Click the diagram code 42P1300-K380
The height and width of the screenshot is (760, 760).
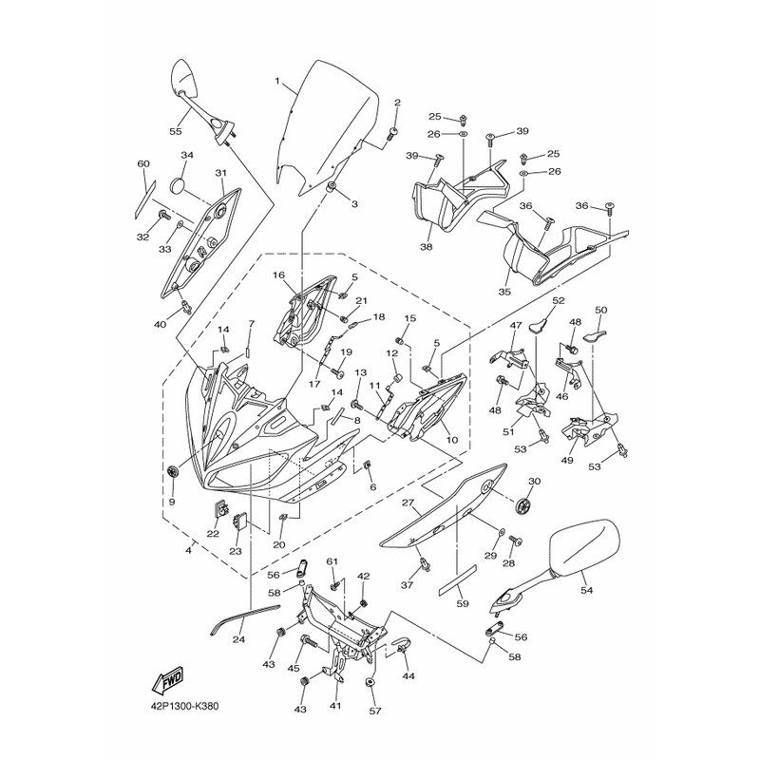tap(184, 707)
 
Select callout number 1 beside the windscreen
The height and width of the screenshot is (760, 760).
tap(277, 81)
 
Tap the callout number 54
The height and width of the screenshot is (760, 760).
tap(586, 590)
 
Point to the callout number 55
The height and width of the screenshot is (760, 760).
tap(176, 131)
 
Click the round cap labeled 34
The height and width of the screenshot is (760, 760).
tap(178, 186)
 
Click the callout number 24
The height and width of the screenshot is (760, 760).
tap(238, 639)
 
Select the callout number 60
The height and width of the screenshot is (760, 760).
tap(143, 163)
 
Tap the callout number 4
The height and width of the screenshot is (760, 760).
tap(188, 551)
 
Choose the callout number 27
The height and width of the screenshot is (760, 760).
tap(408, 503)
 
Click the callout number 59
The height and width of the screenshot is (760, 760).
tap(463, 603)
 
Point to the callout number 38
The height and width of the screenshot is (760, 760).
tap(427, 247)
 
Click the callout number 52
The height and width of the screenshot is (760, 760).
tap(559, 300)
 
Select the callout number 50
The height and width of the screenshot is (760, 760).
tap(600, 310)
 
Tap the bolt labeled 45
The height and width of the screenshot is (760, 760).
tap(308, 643)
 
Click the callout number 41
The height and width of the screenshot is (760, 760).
tap(335, 706)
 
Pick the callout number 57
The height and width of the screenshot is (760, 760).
tap(375, 711)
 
